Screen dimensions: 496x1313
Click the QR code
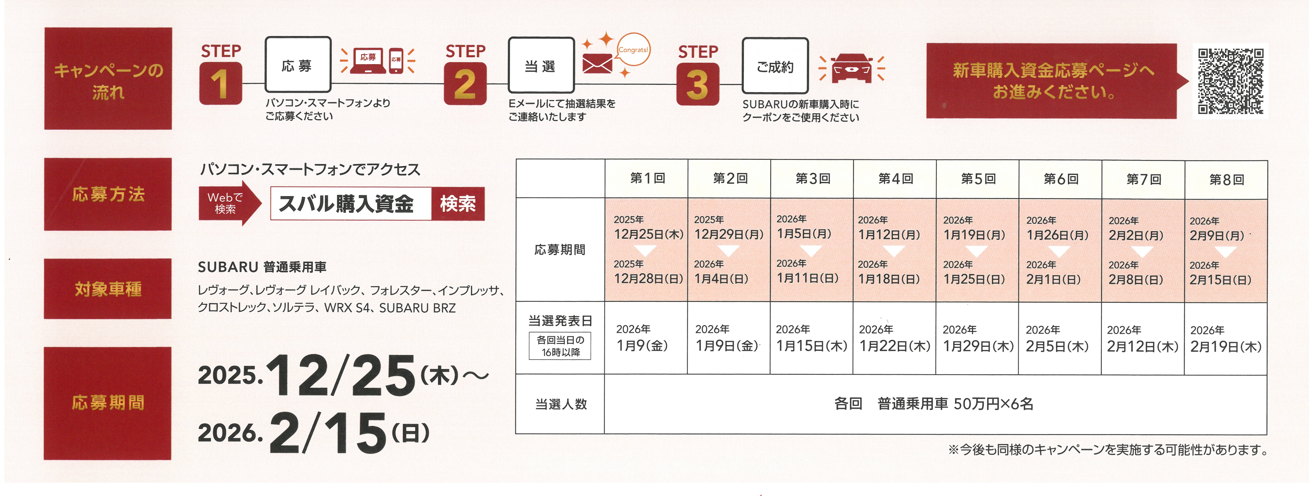1230,82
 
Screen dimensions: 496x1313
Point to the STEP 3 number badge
697,85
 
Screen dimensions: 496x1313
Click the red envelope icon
597,64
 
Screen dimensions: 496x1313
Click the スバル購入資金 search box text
347,204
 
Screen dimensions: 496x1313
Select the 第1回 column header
647,178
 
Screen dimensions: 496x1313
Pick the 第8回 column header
1226,179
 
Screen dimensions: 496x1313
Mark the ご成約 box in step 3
775,66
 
